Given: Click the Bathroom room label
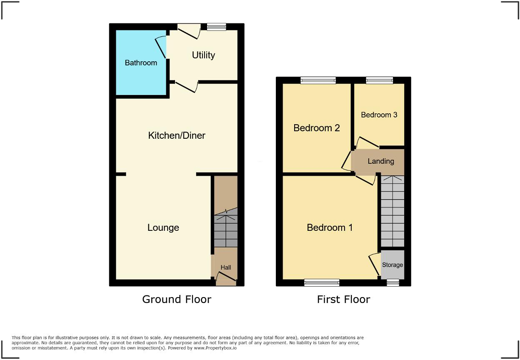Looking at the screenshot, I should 141,63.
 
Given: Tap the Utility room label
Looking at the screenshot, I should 203,55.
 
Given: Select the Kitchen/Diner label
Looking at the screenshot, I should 177,135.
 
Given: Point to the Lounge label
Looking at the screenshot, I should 163,227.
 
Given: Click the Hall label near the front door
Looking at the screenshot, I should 226,267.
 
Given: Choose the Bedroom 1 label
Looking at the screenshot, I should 330,227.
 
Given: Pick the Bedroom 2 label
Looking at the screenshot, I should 317,128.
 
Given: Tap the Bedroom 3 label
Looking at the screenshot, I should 379,115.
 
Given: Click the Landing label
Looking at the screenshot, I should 381,161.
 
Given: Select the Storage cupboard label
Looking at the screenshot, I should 392,265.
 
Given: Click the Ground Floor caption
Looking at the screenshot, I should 177,299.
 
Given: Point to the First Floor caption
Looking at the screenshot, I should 343,299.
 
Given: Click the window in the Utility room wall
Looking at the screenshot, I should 216,27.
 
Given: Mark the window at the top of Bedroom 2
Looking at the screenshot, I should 318,80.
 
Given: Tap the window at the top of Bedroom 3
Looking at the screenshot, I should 379,80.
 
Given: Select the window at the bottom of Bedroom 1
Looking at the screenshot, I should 322,283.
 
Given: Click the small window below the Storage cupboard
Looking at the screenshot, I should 392,283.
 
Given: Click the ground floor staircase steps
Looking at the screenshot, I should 225,231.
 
